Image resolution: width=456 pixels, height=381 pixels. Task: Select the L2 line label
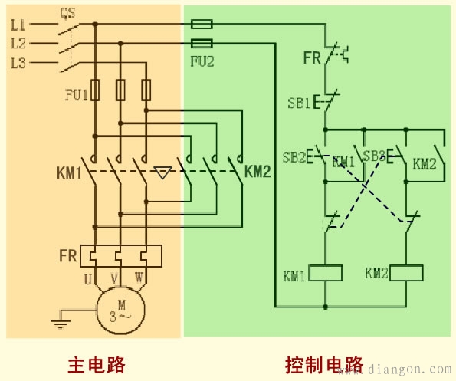point(18,44)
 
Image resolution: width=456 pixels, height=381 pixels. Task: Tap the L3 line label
point(18,64)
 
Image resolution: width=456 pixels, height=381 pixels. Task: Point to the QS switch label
point(67,13)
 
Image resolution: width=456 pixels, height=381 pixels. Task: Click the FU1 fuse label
point(76,95)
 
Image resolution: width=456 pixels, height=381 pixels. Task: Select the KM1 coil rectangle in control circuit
point(325,273)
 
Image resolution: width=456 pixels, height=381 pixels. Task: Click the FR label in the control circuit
point(312,57)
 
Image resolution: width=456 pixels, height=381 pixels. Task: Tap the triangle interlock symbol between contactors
point(162,172)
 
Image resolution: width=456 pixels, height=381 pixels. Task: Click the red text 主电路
point(96,363)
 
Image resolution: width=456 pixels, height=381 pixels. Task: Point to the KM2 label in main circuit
point(258,172)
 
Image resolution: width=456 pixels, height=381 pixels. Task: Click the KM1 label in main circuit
point(69,172)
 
